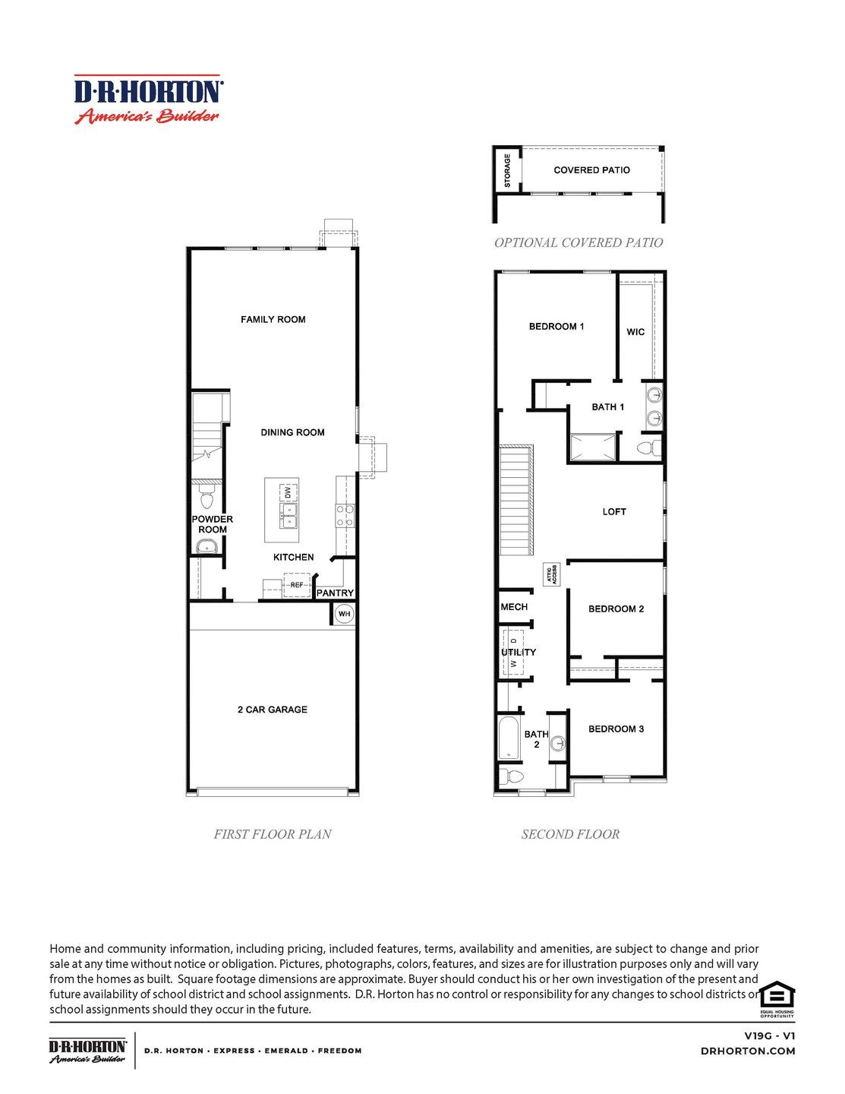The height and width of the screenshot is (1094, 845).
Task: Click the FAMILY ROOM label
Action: tap(273, 319)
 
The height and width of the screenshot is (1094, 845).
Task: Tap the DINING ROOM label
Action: tap(292, 432)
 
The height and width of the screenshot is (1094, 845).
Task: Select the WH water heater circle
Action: tap(345, 614)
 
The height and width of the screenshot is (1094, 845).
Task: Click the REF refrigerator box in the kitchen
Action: tap(297, 585)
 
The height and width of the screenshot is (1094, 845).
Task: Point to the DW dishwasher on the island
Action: tap(288, 492)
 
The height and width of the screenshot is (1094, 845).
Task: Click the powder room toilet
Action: tap(206, 499)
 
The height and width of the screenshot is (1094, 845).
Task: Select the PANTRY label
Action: tap(335, 593)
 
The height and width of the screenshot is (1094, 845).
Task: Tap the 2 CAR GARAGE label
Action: tap(272, 710)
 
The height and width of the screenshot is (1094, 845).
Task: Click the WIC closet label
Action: tap(635, 332)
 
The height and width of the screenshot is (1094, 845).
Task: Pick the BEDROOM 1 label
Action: tap(557, 327)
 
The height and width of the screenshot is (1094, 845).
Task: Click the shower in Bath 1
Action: tap(593, 447)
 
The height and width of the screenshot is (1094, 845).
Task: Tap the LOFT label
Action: tap(614, 512)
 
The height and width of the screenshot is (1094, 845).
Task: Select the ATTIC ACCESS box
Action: tap(552, 574)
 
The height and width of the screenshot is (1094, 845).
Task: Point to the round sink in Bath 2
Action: tap(558, 744)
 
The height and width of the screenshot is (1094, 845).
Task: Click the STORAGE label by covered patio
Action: tap(507, 171)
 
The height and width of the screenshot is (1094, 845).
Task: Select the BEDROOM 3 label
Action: tap(616, 729)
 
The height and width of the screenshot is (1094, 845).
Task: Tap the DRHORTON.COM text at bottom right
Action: tap(748, 1051)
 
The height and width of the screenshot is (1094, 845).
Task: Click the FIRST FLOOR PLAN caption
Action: tap(273, 834)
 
